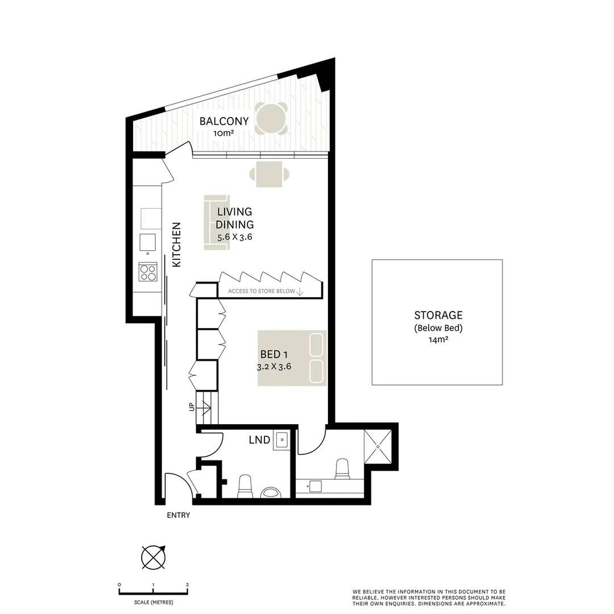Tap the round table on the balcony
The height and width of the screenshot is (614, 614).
click(271, 118)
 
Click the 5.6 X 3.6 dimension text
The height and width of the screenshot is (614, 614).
click(234, 238)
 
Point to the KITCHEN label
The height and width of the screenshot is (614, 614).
click(177, 244)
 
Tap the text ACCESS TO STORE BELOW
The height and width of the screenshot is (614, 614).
click(262, 291)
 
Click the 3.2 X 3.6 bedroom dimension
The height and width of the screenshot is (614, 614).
click(274, 367)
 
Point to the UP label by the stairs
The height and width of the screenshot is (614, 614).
click(191, 407)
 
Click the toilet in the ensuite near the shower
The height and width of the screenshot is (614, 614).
click(343, 469)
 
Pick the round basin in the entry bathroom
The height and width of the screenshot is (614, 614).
click(271, 492)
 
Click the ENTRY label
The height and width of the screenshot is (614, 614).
click(178, 516)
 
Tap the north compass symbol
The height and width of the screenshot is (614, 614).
click(153, 557)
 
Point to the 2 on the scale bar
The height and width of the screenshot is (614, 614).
click(187, 584)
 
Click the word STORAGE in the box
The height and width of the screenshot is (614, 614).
click(438, 315)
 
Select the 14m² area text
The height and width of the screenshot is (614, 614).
click(438, 340)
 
